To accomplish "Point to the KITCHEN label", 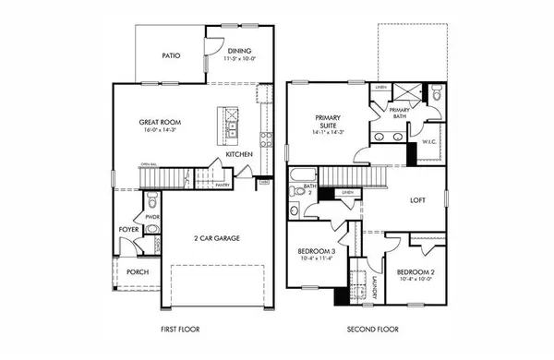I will (x=239, y=155).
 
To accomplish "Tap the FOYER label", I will (x=128, y=229).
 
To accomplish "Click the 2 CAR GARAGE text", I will (x=218, y=238).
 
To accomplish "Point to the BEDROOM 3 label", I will (x=315, y=252).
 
